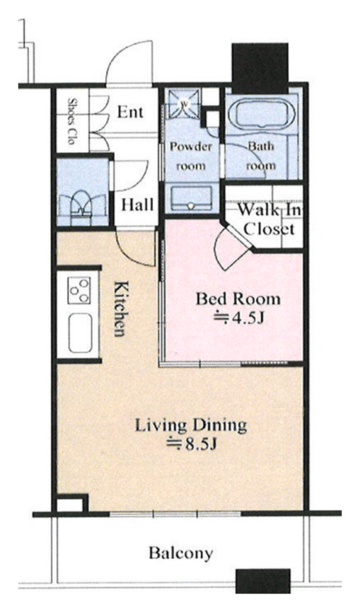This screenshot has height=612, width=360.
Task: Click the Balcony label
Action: pos(181,553)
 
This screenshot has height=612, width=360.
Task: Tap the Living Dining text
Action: pos(191,425)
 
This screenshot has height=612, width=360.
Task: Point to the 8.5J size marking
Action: pos(191,444)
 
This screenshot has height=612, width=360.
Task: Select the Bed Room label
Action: pos(238,299)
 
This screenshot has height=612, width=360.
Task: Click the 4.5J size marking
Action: pos(238,318)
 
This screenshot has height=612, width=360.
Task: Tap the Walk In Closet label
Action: pos(270,219)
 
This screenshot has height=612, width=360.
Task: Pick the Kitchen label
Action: pos(120,308)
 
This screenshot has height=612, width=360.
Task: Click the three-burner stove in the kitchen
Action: pos(80,290)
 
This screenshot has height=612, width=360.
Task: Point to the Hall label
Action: pos(137,205)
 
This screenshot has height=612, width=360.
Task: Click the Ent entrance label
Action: pos(130,112)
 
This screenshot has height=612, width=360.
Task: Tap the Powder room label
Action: pos(191,156)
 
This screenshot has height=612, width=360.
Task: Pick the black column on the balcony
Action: pos(263,581)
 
